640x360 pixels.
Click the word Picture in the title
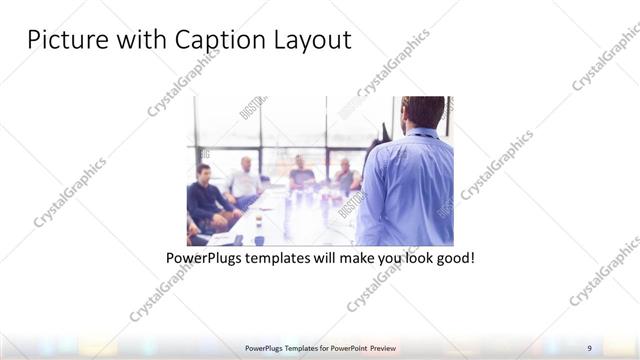(x=65, y=41)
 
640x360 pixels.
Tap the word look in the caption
(x=415, y=258)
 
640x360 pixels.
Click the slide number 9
(x=589, y=347)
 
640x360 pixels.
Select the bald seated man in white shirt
(x=245, y=180)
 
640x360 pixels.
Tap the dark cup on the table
(x=259, y=239)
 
